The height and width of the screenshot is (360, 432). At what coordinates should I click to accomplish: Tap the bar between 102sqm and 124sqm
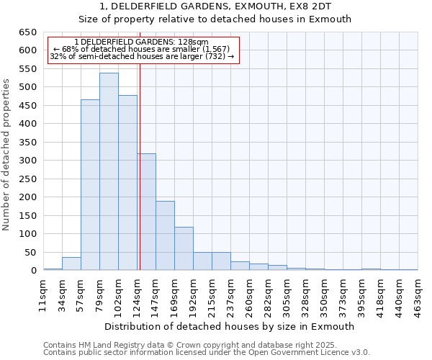coord(127,183)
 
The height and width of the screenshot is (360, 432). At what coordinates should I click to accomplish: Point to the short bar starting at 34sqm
coord(71,264)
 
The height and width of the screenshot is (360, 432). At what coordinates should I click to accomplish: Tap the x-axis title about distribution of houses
coord(230,326)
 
